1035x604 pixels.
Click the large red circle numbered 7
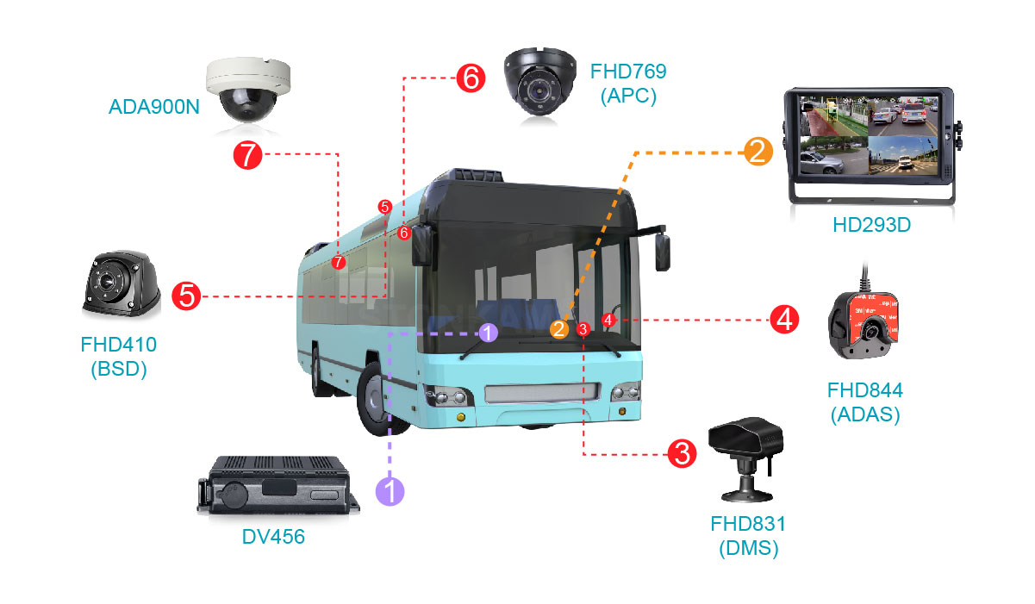[248, 156]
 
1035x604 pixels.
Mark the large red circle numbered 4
[783, 320]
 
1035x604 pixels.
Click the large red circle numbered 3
[682, 452]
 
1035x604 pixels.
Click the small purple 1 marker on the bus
[488, 333]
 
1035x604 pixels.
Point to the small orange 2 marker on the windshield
[559, 328]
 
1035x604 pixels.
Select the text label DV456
[273, 538]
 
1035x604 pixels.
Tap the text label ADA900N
[153, 108]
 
